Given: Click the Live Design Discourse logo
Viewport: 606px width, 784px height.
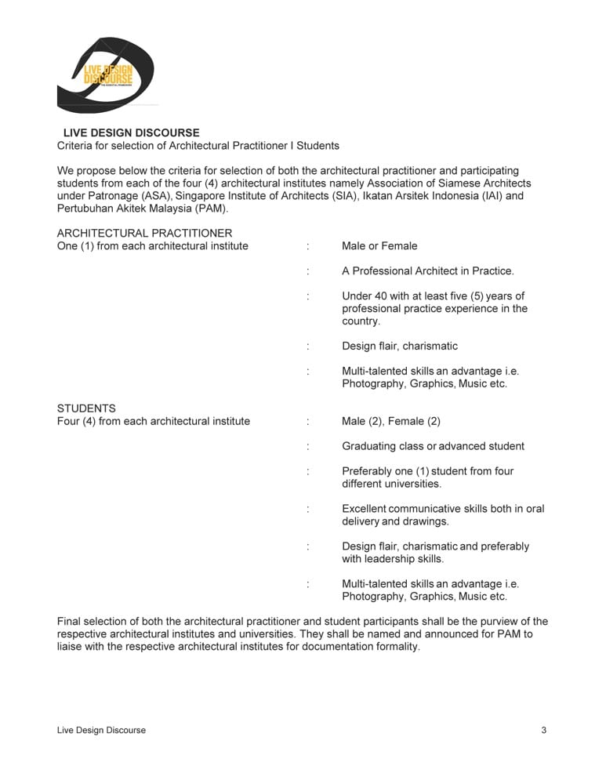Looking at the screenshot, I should click(105, 75).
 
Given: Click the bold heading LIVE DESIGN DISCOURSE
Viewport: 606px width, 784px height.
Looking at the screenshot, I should click(131, 132).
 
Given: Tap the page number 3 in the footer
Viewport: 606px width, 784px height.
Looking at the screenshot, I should click(543, 730).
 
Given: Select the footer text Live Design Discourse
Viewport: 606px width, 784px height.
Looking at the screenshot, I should click(101, 730).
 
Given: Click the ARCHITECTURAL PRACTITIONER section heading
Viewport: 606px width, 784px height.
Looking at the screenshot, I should click(144, 233).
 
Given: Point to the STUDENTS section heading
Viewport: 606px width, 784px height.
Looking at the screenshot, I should click(86, 408).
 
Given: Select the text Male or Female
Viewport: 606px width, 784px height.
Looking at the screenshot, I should click(379, 245).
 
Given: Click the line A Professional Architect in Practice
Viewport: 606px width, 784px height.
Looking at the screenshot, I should click(428, 270).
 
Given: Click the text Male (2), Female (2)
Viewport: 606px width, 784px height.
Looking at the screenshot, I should click(390, 421).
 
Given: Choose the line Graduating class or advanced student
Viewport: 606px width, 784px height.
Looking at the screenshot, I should click(433, 446).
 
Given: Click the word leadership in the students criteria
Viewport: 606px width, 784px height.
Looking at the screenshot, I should click(393, 559).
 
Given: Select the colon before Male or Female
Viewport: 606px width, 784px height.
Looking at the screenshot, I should click(308, 245).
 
